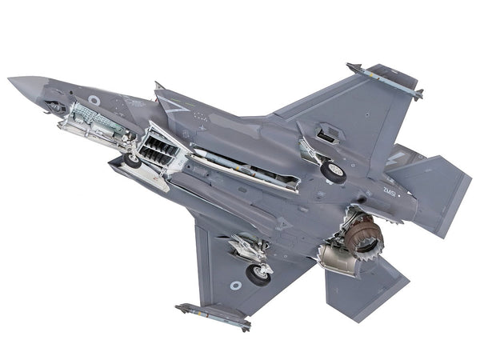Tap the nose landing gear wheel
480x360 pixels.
tap(132, 161)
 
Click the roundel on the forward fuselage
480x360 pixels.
tap(94, 100)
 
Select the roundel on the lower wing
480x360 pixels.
tap(235, 285)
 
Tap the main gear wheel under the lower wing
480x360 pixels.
tap(258, 274)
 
